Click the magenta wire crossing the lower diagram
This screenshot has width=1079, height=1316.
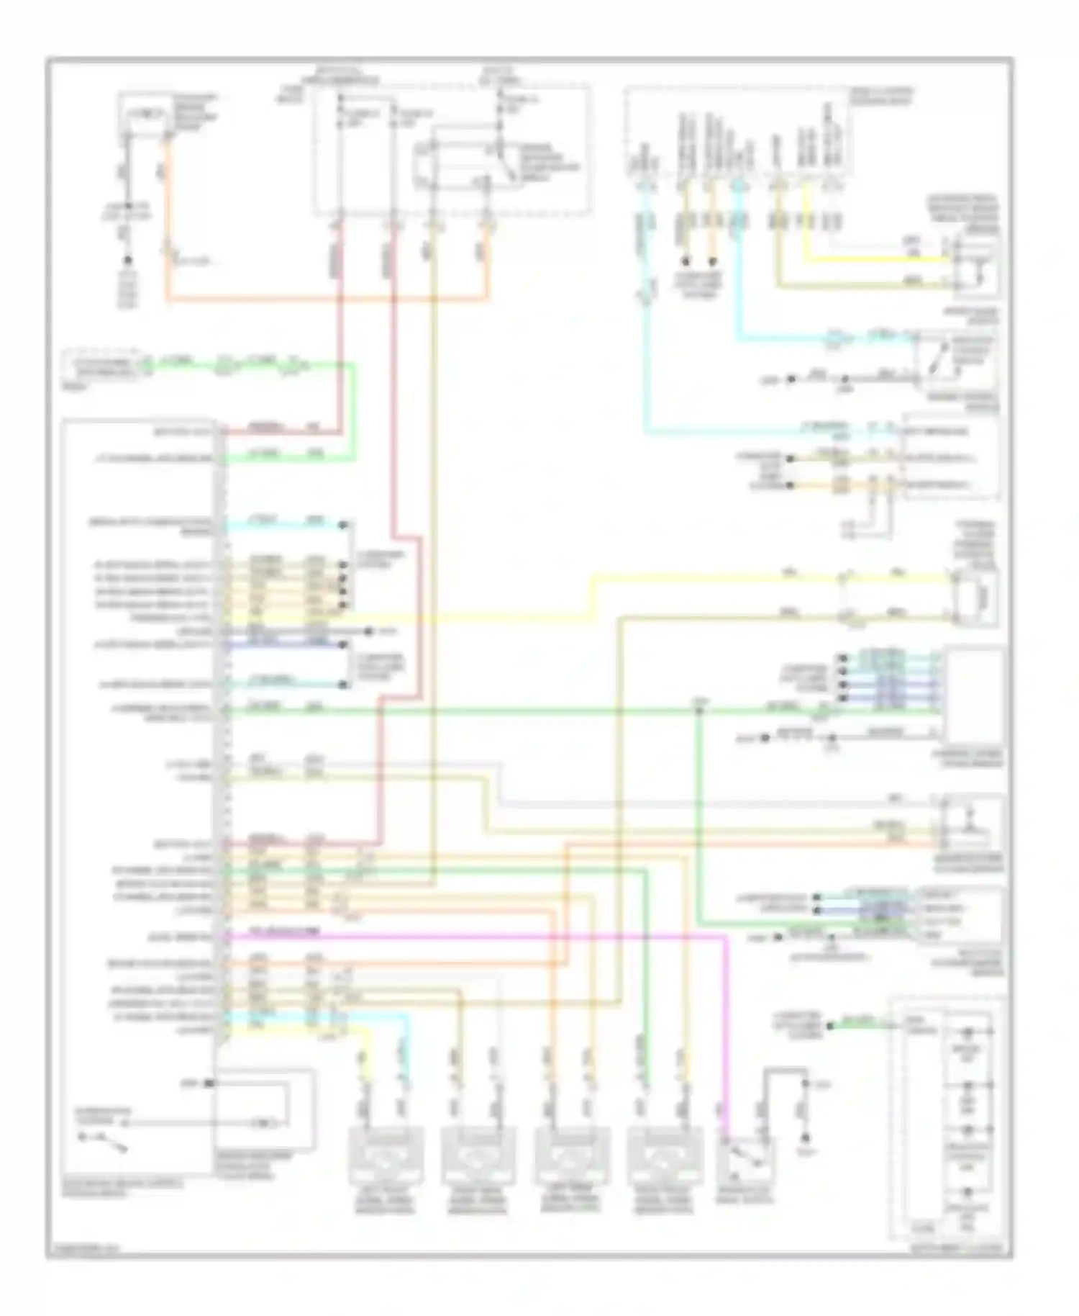(504, 937)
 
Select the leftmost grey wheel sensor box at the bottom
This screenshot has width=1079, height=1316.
(385, 1156)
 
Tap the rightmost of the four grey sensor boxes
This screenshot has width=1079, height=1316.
(663, 1156)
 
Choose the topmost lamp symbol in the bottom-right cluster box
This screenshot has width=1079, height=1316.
(968, 1033)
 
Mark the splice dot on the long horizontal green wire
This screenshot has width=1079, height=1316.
(698, 711)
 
